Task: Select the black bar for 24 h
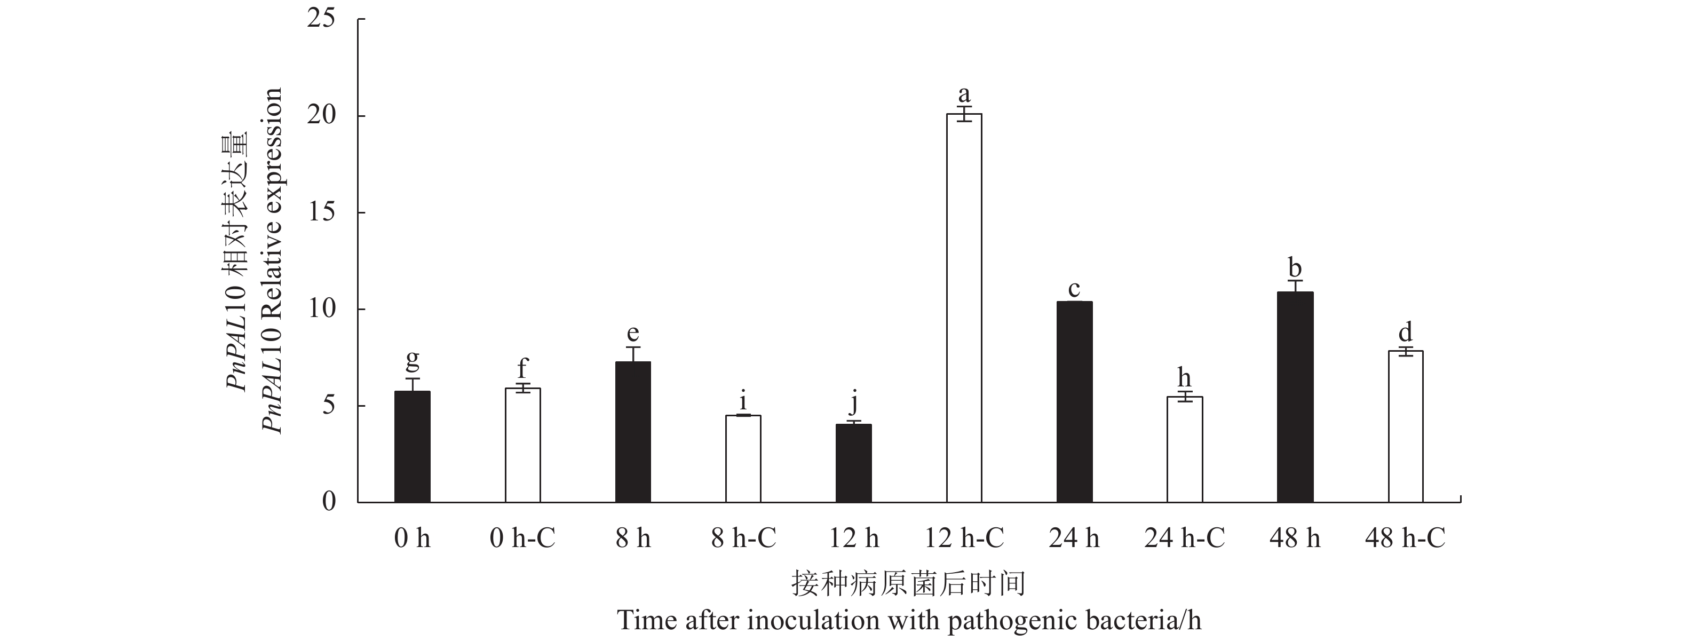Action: [x=1074, y=401]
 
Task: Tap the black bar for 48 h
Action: [x=1295, y=397]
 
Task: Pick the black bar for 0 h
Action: [x=413, y=447]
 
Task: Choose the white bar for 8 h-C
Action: [x=743, y=458]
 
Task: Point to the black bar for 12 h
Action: [x=853, y=463]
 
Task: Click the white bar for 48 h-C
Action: [x=1405, y=426]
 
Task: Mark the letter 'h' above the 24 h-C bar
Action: [x=1184, y=377]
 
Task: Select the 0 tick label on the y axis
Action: [x=328, y=501]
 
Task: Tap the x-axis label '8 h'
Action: [x=633, y=539]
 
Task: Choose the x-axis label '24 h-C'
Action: [x=1184, y=539]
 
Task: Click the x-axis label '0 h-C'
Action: [x=522, y=539]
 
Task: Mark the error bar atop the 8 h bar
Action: [x=633, y=354]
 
